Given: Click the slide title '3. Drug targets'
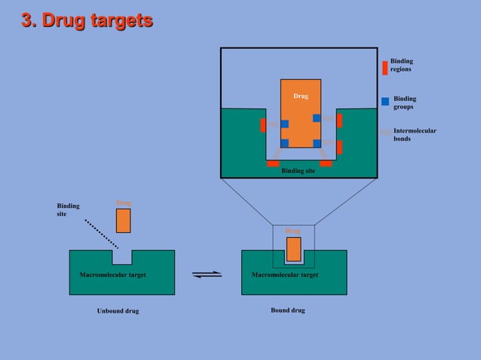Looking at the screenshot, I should click(x=87, y=21).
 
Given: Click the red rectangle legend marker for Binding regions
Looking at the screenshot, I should click(x=385, y=68).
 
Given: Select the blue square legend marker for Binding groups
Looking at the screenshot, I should click(x=385, y=102).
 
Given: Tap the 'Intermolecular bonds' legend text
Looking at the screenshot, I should click(x=415, y=135).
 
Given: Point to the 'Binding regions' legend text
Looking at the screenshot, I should click(x=401, y=65).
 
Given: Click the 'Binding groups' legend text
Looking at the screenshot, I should click(x=404, y=102).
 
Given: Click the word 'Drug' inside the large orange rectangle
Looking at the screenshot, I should click(x=301, y=96).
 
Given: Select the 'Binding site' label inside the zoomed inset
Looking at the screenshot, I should click(x=299, y=171).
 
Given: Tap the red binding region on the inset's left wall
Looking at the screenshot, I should click(x=263, y=125).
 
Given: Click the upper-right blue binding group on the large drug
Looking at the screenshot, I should click(x=317, y=117).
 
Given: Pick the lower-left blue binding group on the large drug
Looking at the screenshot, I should click(x=284, y=143).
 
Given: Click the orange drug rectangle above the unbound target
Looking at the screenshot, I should click(x=124, y=221).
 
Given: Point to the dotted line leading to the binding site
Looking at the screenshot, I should click(x=101, y=233).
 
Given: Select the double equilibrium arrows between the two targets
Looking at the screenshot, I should click(x=207, y=274).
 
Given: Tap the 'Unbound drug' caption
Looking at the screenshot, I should click(x=118, y=311).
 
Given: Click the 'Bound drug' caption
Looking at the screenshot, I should click(x=288, y=310).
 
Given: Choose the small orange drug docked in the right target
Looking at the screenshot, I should click(x=294, y=249).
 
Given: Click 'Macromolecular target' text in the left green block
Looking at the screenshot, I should click(x=113, y=275).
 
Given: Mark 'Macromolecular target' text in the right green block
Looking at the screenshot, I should click(x=285, y=275).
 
